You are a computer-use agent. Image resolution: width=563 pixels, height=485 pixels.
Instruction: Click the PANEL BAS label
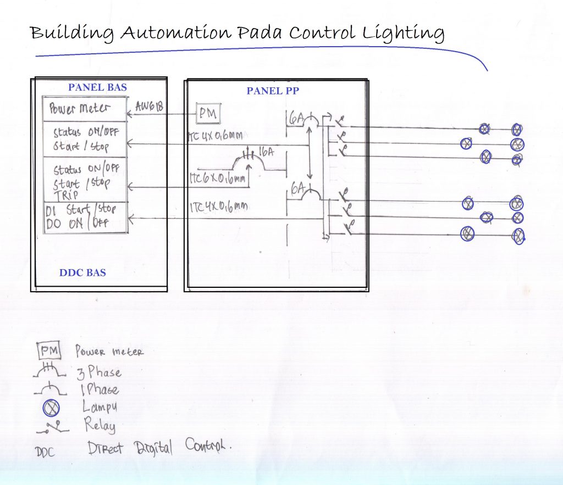tap(97, 87)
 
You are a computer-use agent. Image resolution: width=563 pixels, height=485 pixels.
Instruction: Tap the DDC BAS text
tap(82, 272)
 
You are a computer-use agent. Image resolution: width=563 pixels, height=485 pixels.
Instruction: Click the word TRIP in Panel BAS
tap(65, 194)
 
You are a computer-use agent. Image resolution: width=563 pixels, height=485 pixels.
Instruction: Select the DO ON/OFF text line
tap(77, 224)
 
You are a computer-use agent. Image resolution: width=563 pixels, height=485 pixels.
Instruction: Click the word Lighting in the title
tap(404, 34)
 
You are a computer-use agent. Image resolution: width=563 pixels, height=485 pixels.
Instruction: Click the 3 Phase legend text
tap(99, 372)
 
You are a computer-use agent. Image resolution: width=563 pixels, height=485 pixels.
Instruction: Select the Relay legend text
tap(100, 425)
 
